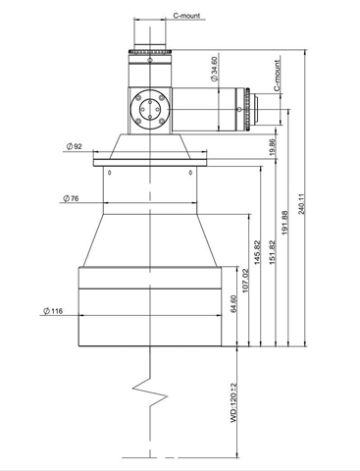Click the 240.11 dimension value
point(301,204)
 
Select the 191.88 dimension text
point(284,223)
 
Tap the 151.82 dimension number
point(272,252)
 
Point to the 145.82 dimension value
point(258,252)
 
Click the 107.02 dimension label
point(245,281)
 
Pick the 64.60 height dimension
point(233,304)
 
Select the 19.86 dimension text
point(273,147)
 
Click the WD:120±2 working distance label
point(233,402)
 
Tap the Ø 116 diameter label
point(53,310)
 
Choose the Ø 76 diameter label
point(71,198)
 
